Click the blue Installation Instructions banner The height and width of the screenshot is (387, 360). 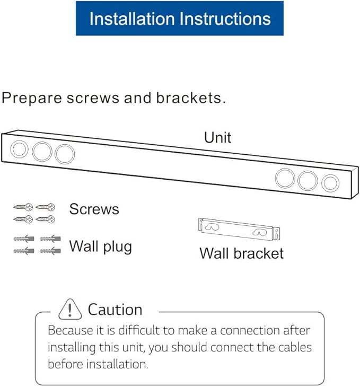click(179, 19)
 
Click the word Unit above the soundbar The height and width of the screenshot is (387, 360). click(217, 137)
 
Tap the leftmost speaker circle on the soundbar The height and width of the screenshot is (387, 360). click(19, 149)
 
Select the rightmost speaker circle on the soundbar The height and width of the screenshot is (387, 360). click(330, 183)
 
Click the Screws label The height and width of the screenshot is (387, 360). click(94, 209)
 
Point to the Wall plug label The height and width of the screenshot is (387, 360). click(100, 247)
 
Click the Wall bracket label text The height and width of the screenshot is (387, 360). click(241, 253)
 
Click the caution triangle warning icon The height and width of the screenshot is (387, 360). click(69, 309)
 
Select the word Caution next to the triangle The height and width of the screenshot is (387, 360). click(115, 310)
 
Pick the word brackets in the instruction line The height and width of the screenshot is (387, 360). click(190, 98)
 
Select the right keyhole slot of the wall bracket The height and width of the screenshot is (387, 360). click(261, 232)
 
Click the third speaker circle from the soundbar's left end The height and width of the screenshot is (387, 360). click(65, 154)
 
